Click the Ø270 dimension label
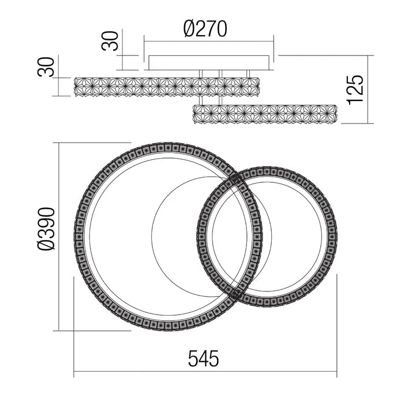point(205,28)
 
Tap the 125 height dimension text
point(356,89)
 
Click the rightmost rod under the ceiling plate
point(249,73)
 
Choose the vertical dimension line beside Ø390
point(60,237)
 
